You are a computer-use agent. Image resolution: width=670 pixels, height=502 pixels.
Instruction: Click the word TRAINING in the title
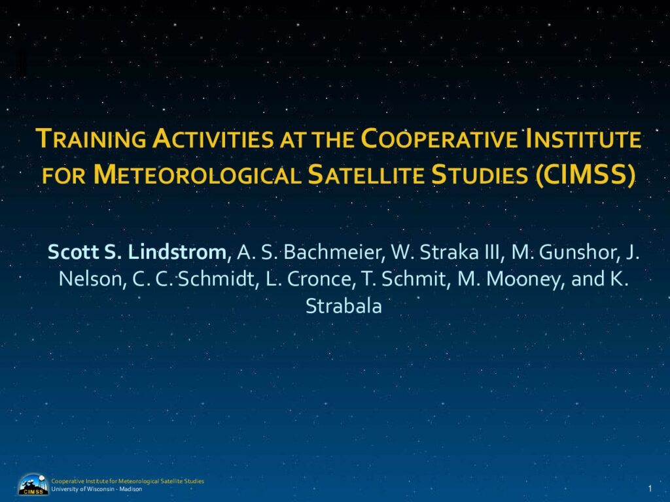point(91,139)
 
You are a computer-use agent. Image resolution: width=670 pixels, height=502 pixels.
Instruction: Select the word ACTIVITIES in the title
point(213,139)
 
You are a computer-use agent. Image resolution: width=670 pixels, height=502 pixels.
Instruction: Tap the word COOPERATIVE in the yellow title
point(440,139)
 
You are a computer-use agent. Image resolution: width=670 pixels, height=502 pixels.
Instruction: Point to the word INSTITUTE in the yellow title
point(584,139)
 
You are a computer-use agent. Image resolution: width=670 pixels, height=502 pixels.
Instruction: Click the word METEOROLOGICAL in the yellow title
point(197,175)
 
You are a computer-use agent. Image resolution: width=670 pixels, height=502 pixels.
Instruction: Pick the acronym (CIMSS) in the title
point(585,175)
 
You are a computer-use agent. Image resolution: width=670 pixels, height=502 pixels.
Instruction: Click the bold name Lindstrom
point(177,252)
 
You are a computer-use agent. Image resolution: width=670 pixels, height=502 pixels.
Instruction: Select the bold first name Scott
point(73,252)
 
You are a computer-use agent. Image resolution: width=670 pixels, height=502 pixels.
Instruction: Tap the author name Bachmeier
point(332,252)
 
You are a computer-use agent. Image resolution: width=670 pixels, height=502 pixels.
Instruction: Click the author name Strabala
point(344,306)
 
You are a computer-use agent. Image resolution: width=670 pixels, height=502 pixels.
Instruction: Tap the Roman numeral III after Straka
point(492,252)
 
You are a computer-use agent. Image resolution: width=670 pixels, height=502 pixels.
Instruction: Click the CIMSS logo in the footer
point(33,484)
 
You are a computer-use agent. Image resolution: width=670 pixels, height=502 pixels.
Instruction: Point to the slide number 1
point(650,488)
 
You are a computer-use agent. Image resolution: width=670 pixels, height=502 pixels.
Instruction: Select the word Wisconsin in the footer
point(100,489)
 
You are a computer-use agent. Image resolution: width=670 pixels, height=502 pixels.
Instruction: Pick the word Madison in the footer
point(131,489)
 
